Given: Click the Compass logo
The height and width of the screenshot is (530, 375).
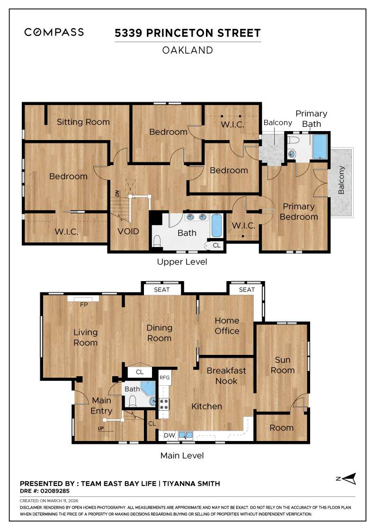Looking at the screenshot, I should (x=54, y=32).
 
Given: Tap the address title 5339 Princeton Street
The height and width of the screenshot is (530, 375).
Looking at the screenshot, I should (x=187, y=33).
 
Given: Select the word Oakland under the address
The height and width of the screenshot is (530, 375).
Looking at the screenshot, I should (x=187, y=50).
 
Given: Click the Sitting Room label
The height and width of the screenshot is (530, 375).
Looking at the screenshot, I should (x=83, y=122).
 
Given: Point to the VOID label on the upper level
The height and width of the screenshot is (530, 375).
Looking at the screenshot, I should (x=128, y=231).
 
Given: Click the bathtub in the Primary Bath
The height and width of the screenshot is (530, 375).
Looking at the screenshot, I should (x=320, y=147).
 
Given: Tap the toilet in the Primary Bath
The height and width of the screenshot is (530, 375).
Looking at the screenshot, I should (x=293, y=141).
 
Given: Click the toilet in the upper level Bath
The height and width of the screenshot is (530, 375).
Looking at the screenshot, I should (x=158, y=241).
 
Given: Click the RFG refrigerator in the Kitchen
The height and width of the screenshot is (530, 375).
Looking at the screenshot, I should (x=164, y=378).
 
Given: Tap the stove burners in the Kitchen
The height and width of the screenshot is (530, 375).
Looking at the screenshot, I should (x=164, y=404).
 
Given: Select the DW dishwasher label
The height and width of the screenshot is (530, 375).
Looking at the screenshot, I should (x=169, y=435).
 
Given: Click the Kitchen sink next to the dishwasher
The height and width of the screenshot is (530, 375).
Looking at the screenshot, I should (x=185, y=434).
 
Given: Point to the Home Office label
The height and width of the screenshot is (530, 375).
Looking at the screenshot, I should (x=227, y=326).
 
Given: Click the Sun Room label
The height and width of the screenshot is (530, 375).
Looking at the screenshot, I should (x=282, y=365).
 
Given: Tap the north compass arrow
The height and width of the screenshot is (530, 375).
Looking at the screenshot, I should (x=349, y=479).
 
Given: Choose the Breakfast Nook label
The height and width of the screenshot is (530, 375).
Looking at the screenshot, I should (x=226, y=376).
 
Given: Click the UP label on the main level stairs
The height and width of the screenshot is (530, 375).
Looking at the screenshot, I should (x=101, y=428).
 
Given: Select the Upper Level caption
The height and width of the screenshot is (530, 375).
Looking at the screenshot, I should (x=182, y=262).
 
